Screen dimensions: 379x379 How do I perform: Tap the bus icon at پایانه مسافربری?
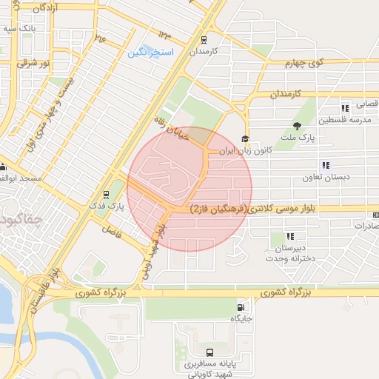(x=209, y=353)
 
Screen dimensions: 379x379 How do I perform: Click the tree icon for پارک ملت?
(x=298, y=127)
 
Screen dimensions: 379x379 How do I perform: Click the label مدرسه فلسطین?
(x=348, y=119)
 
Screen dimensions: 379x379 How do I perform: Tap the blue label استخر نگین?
(x=150, y=53)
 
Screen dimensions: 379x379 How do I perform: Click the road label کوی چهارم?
(x=306, y=64)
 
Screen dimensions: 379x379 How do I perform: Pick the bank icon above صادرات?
(x=376, y=215)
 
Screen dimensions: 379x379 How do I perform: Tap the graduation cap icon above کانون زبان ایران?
(x=245, y=139)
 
